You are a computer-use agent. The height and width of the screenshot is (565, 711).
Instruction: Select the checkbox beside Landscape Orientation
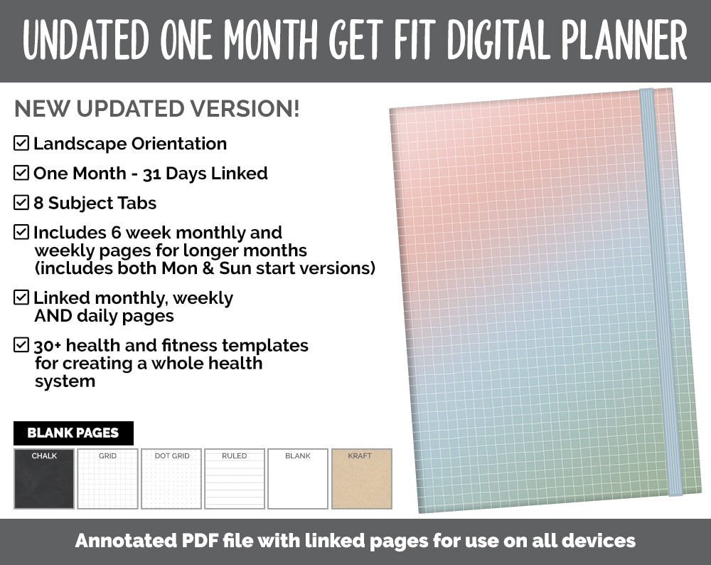pos(21,143)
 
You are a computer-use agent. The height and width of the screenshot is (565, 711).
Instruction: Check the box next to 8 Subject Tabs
pos(21,203)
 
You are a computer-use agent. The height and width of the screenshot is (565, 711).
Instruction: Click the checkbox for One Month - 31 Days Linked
pos(21,173)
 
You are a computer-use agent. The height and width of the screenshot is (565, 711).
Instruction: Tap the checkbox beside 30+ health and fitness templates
pos(21,346)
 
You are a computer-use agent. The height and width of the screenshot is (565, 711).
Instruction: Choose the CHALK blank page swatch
pos(44,479)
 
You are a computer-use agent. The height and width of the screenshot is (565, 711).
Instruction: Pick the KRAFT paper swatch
pos(361,479)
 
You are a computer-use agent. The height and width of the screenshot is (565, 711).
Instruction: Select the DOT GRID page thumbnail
pos(171,479)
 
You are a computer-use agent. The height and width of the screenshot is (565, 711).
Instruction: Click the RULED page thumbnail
pos(235,479)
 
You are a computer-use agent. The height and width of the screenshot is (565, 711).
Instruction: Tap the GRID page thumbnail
pos(107,479)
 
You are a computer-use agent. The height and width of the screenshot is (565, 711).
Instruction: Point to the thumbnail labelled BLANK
pos(298,479)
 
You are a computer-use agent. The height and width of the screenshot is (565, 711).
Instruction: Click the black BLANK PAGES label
pos(73,433)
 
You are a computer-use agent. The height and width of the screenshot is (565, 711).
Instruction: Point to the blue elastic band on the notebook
pos(659,292)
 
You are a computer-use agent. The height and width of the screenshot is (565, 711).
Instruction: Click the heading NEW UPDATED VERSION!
pos(157,109)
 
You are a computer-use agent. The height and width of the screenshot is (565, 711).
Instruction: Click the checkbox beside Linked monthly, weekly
pos(21,297)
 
